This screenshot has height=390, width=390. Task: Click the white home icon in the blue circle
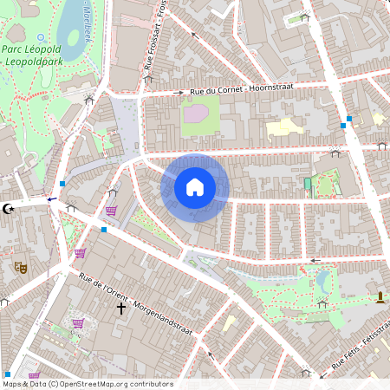(195, 186)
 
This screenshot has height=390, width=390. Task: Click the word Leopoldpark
(35, 63)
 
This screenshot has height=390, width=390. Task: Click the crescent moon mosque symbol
(10, 208)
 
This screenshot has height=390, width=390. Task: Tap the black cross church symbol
(121, 307)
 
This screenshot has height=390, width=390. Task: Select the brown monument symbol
(379, 298)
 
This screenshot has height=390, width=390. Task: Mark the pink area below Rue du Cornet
(196, 112)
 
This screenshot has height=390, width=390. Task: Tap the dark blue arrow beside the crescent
(52, 198)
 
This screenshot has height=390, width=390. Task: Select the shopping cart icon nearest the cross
(79, 323)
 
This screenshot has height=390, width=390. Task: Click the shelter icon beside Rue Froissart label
(148, 79)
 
